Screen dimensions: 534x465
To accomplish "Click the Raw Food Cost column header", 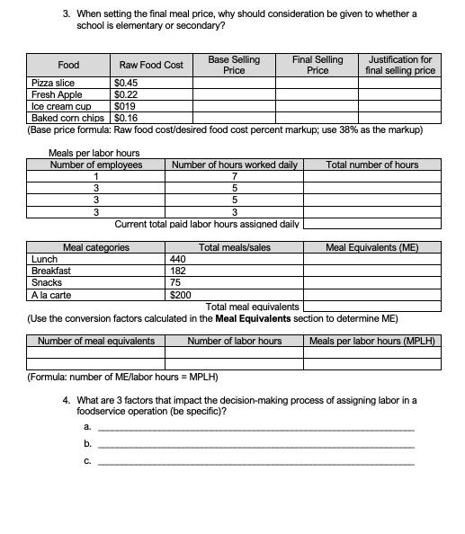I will tap(151, 65).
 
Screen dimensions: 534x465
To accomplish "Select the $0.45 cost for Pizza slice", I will tap(126, 83).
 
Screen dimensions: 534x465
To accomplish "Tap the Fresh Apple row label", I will tap(57, 94).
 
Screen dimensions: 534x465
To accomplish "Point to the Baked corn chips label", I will tap(67, 118).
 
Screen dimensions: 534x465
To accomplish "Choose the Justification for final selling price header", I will tap(400, 65).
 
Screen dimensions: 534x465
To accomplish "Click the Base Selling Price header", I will tap(234, 65).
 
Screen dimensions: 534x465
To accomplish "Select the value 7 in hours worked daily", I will tap(234, 176).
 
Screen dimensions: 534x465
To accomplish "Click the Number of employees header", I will tap(95, 165).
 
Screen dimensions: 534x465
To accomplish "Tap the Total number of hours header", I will tap(371, 165).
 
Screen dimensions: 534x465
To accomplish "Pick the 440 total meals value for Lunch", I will tap(178, 259).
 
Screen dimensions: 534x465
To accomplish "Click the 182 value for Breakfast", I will tap(178, 271).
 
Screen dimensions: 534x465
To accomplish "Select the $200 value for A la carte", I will tap(181, 294).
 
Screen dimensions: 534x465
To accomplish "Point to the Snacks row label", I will tap(47, 282).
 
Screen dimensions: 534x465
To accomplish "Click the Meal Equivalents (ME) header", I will tap(371, 247).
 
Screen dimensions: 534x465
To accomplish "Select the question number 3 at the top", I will tap(67, 14).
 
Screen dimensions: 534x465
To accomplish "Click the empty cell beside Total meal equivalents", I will tap(371, 307).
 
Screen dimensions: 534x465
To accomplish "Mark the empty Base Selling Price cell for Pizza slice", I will tap(234, 83).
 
